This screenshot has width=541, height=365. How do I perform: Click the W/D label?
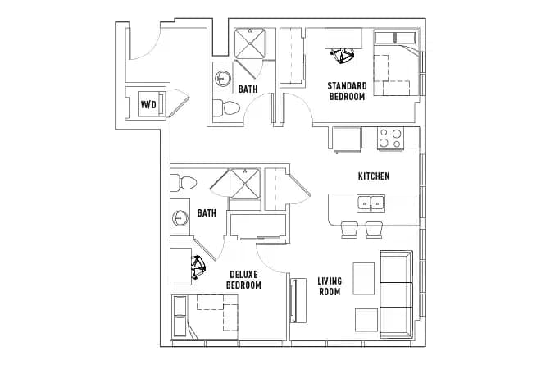[x=148, y=104]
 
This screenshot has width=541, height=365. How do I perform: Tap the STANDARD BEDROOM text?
[x=346, y=91]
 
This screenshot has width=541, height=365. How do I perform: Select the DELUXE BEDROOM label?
[x=243, y=280]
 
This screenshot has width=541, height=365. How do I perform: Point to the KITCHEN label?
[x=373, y=176]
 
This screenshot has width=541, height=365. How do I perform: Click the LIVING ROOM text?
[x=330, y=286]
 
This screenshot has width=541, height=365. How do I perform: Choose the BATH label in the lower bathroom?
[x=207, y=213]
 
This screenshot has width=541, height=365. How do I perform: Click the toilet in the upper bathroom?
[x=226, y=107]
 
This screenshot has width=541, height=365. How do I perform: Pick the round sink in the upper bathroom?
[x=223, y=79]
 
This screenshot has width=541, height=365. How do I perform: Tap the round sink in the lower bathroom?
[x=181, y=219]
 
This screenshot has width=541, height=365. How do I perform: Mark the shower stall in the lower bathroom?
[x=244, y=184]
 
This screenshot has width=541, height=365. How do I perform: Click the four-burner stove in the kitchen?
[x=390, y=139]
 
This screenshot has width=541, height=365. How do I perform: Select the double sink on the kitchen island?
[x=371, y=203]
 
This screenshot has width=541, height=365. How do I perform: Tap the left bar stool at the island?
[x=349, y=230]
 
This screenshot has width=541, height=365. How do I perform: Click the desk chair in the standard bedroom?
[x=341, y=56]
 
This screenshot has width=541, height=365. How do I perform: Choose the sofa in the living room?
[x=396, y=295]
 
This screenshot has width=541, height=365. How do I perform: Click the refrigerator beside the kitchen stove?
[x=347, y=139]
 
